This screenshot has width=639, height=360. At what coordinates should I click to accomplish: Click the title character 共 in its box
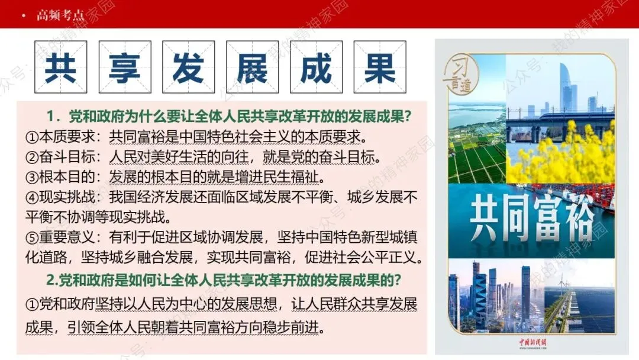point(60,67)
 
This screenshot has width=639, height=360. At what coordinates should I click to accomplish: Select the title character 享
point(124,67)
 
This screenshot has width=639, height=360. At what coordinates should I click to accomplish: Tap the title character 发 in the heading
point(188,67)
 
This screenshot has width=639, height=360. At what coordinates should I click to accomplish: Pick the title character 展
point(252,67)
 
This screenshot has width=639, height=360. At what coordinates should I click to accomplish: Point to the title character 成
point(316,67)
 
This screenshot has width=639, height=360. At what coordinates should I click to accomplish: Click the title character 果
point(380,67)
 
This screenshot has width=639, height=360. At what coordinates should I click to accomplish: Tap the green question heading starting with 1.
point(230,117)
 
